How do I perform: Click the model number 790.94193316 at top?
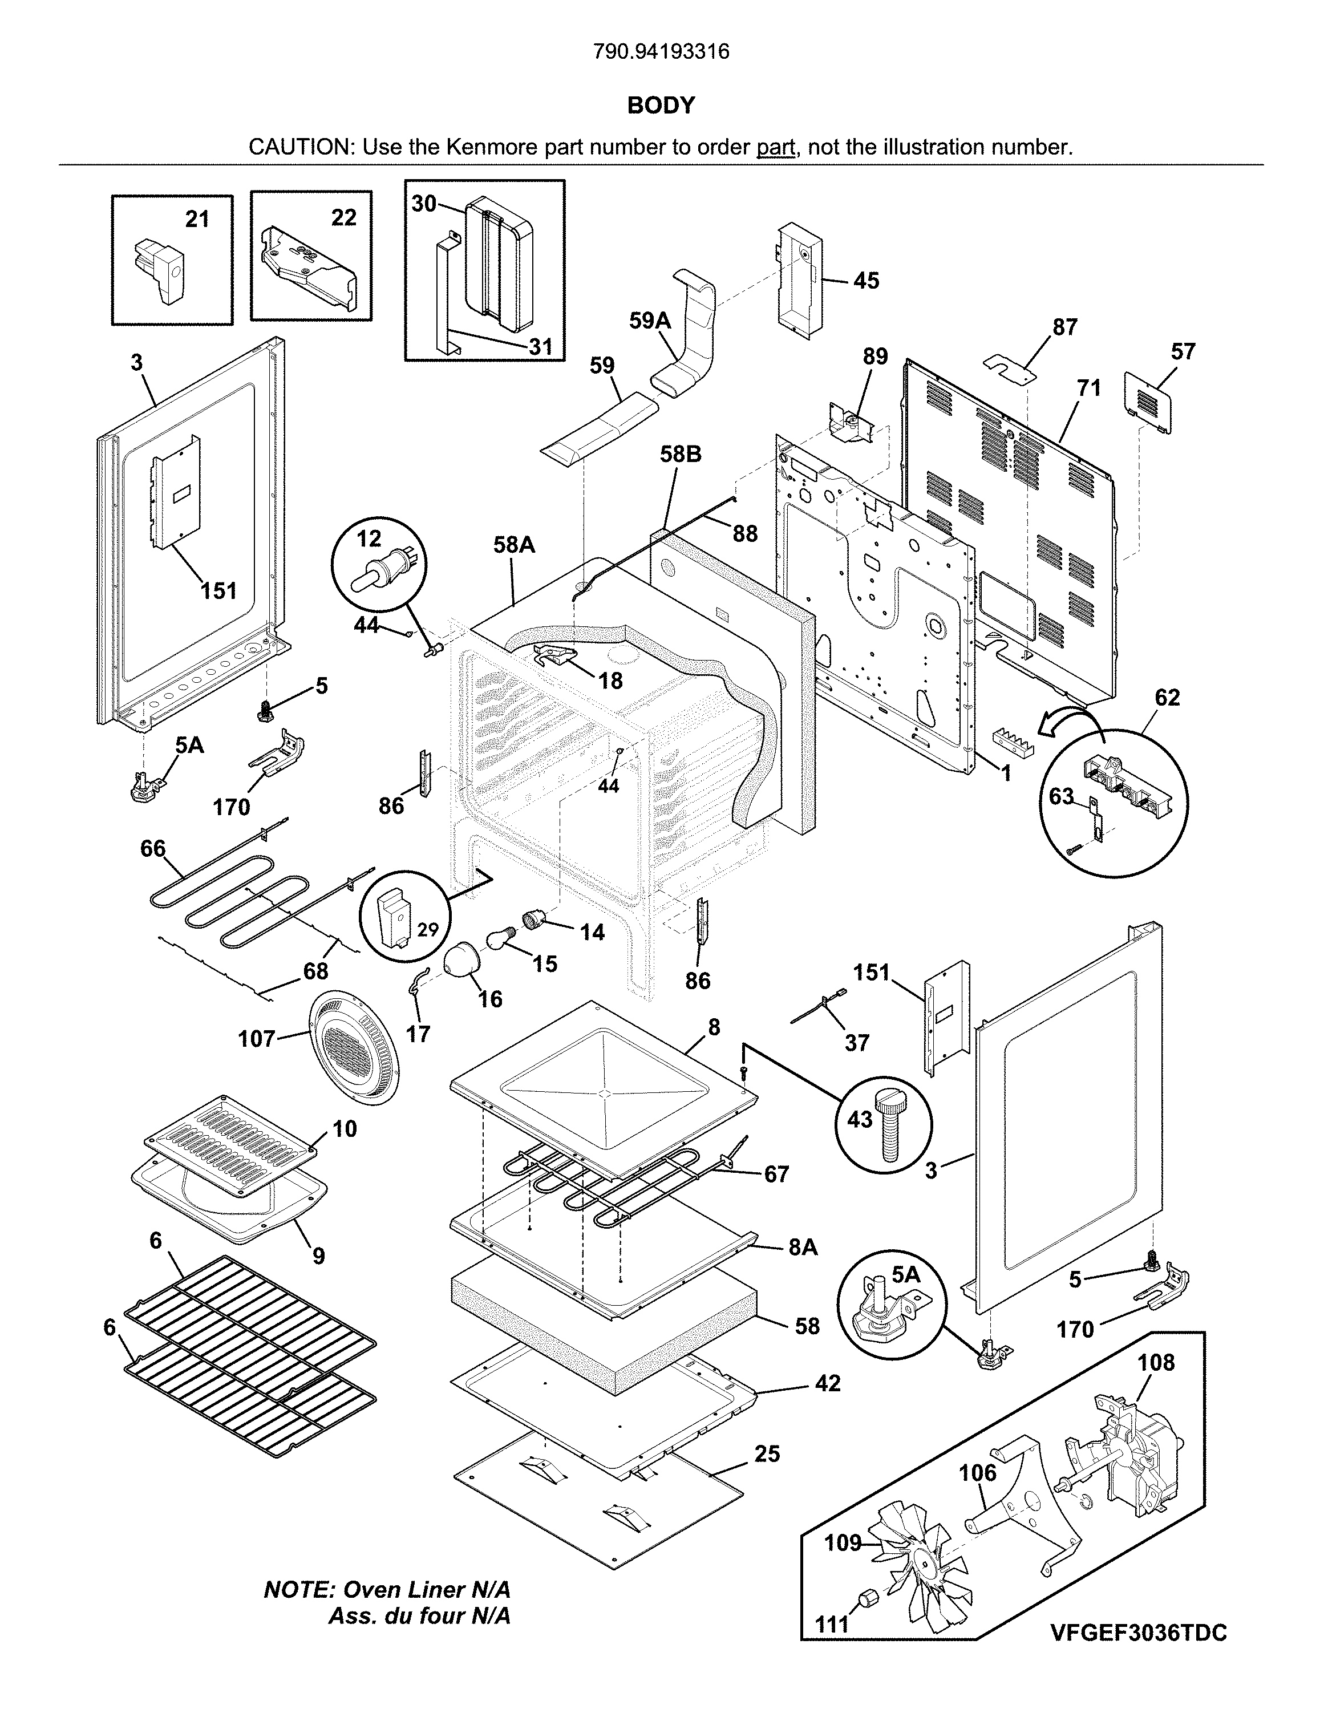coord(661,52)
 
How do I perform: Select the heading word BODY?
coord(661,105)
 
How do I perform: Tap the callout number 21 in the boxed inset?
coord(197,219)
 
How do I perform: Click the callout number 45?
coord(866,280)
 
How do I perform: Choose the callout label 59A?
coord(650,321)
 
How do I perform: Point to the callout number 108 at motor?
coord(1156,1362)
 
